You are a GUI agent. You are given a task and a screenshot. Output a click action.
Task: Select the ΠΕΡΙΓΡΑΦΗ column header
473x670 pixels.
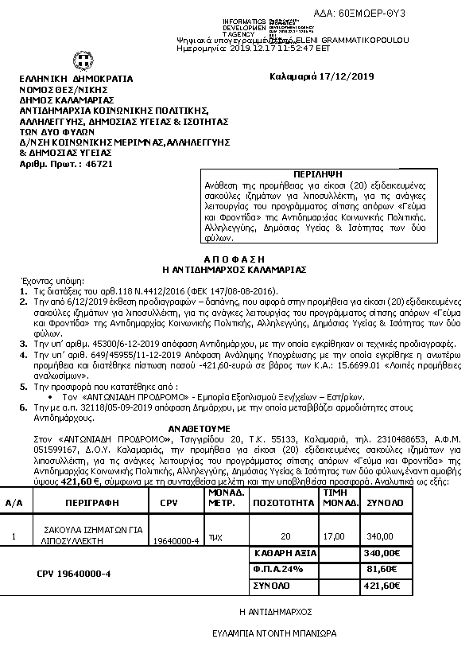coord(87,503)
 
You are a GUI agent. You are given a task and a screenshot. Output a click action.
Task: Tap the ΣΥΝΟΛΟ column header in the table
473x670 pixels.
coord(384,503)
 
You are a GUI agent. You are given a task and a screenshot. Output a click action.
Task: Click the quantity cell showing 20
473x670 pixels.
coord(285,536)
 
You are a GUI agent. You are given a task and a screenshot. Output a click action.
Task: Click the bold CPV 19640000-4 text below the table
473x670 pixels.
coord(74,573)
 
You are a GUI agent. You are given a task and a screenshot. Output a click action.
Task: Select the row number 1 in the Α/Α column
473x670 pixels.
coord(14,536)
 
